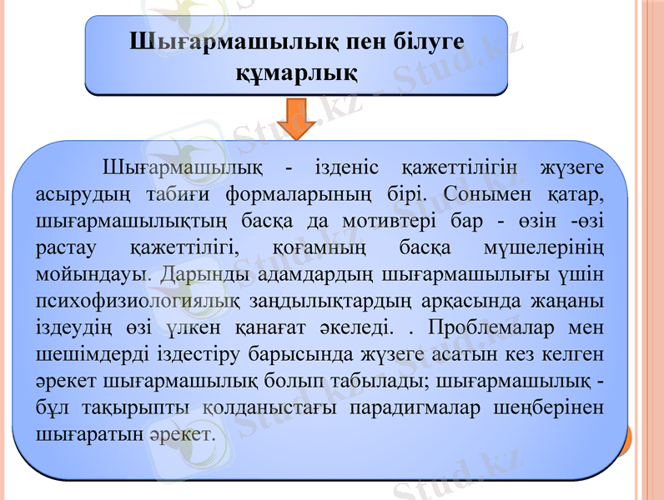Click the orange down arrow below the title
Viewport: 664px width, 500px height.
[x=298, y=118]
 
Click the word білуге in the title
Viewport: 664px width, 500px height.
[x=422, y=42]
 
